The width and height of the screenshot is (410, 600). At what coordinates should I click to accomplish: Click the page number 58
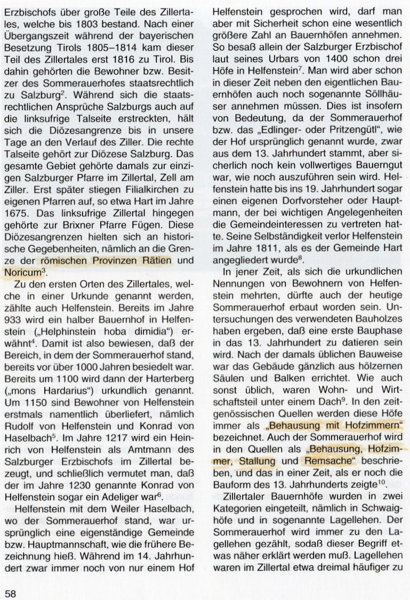[x=11, y=591]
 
